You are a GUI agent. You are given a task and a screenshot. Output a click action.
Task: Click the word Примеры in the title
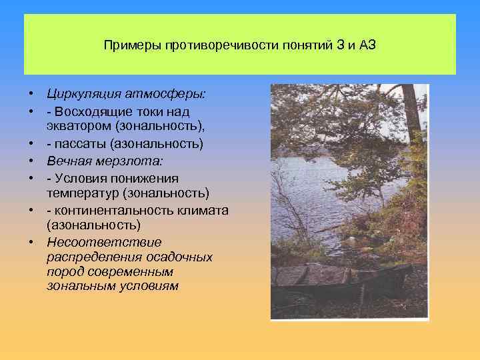(127, 45)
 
